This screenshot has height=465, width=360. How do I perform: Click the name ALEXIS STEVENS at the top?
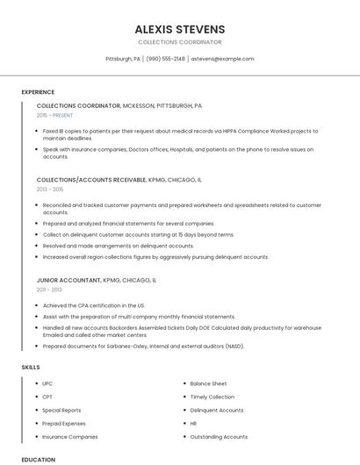point(180,29)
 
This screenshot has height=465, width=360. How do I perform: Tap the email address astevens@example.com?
point(222,59)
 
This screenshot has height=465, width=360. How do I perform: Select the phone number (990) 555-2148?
point(166,59)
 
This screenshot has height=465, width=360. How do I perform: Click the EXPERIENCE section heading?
point(38,92)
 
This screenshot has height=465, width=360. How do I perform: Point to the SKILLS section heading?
point(31,367)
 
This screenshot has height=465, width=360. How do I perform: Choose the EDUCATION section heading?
point(39,459)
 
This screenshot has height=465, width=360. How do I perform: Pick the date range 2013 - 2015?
point(50,189)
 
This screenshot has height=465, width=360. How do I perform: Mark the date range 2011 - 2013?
point(49,289)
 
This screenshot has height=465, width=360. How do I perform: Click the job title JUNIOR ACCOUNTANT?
point(68,280)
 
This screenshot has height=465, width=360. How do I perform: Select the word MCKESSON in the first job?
point(141,105)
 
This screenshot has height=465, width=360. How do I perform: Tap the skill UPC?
point(47,383)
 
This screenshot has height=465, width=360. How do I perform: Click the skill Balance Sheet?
point(208,383)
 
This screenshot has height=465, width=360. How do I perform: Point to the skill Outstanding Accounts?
point(219,436)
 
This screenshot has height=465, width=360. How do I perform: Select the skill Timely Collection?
point(212,397)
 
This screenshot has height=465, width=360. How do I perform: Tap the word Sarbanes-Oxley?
point(124,346)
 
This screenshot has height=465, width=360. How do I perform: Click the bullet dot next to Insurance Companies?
point(35,436)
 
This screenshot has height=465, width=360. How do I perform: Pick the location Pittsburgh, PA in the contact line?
point(123,59)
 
